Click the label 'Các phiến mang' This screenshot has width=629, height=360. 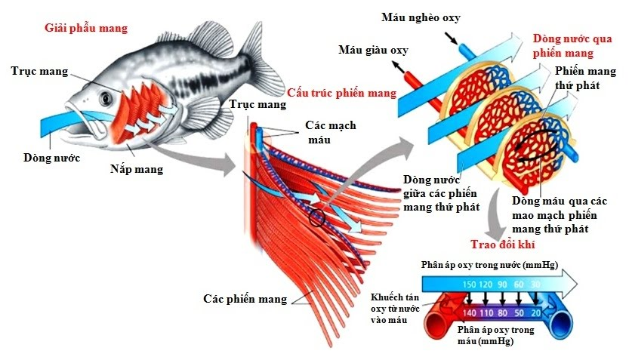pos(245,299)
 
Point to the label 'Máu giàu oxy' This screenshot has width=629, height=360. pos(372,51)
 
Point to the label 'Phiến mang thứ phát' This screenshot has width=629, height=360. pos(585,78)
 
